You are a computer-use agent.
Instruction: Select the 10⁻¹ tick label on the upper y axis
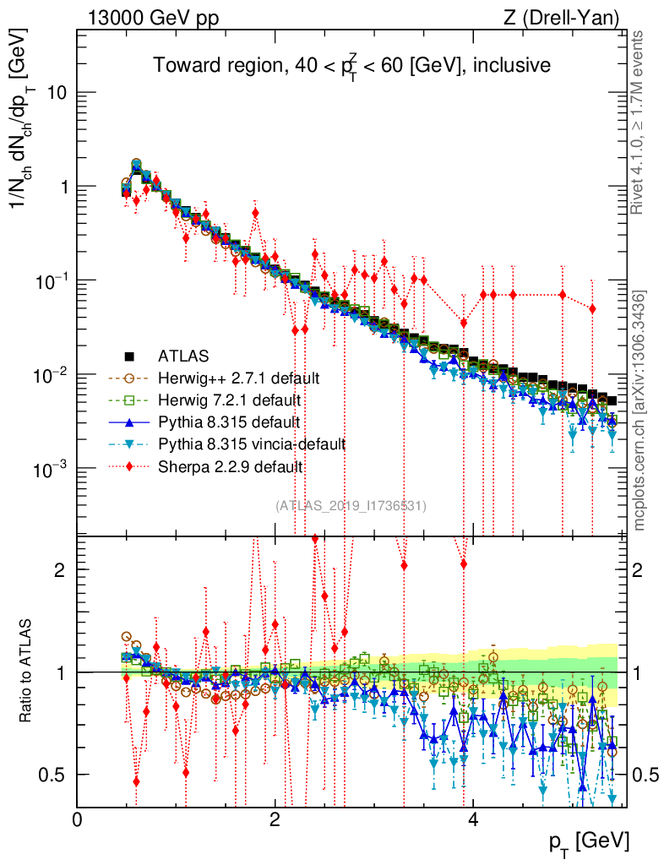point(51,280)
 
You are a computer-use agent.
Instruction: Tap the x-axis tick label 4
point(473,819)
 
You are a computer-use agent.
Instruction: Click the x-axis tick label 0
point(78,819)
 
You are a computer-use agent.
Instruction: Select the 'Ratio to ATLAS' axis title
point(28,672)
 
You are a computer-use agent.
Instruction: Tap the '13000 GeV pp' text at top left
point(152,17)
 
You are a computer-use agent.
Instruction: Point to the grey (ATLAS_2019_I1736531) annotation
point(351,505)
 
